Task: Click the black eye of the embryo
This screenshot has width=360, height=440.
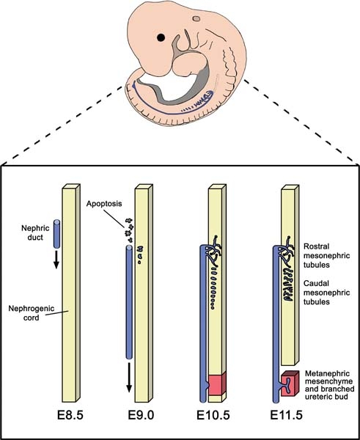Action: tap(160, 37)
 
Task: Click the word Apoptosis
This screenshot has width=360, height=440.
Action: tap(105, 205)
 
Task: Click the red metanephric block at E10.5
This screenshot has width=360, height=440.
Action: tap(216, 386)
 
